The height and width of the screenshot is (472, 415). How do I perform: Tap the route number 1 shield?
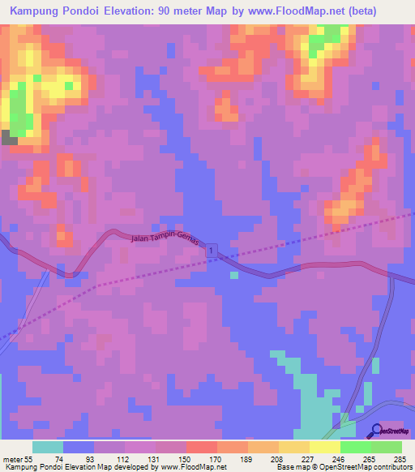[212, 251]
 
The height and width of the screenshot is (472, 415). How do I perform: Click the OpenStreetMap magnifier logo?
[376, 430]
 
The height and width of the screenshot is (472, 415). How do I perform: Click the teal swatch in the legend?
[48, 447]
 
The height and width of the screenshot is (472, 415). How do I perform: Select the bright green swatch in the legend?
[355, 447]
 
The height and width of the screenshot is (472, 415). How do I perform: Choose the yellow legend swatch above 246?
[324, 447]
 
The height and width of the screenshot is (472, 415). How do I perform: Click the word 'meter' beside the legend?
[11, 458]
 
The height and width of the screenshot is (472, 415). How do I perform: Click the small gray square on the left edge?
[9, 137]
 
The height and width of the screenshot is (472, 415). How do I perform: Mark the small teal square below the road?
[234, 275]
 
